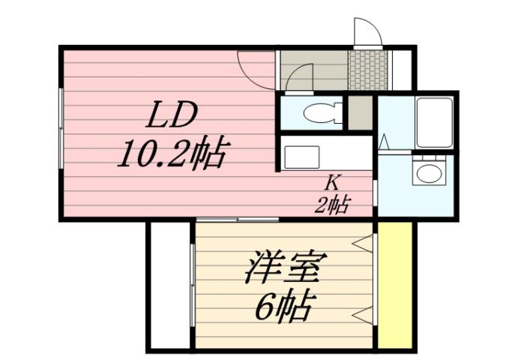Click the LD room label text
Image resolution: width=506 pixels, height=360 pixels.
171,117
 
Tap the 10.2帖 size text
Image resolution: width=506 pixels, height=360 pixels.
172,155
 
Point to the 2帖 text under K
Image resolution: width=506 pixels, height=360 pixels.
331,203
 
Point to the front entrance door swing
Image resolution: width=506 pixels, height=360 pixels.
367,31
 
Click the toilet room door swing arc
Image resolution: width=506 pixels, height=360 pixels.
301,76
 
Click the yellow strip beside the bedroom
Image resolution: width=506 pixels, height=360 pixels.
395,285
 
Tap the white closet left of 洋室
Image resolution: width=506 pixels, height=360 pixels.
170,285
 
